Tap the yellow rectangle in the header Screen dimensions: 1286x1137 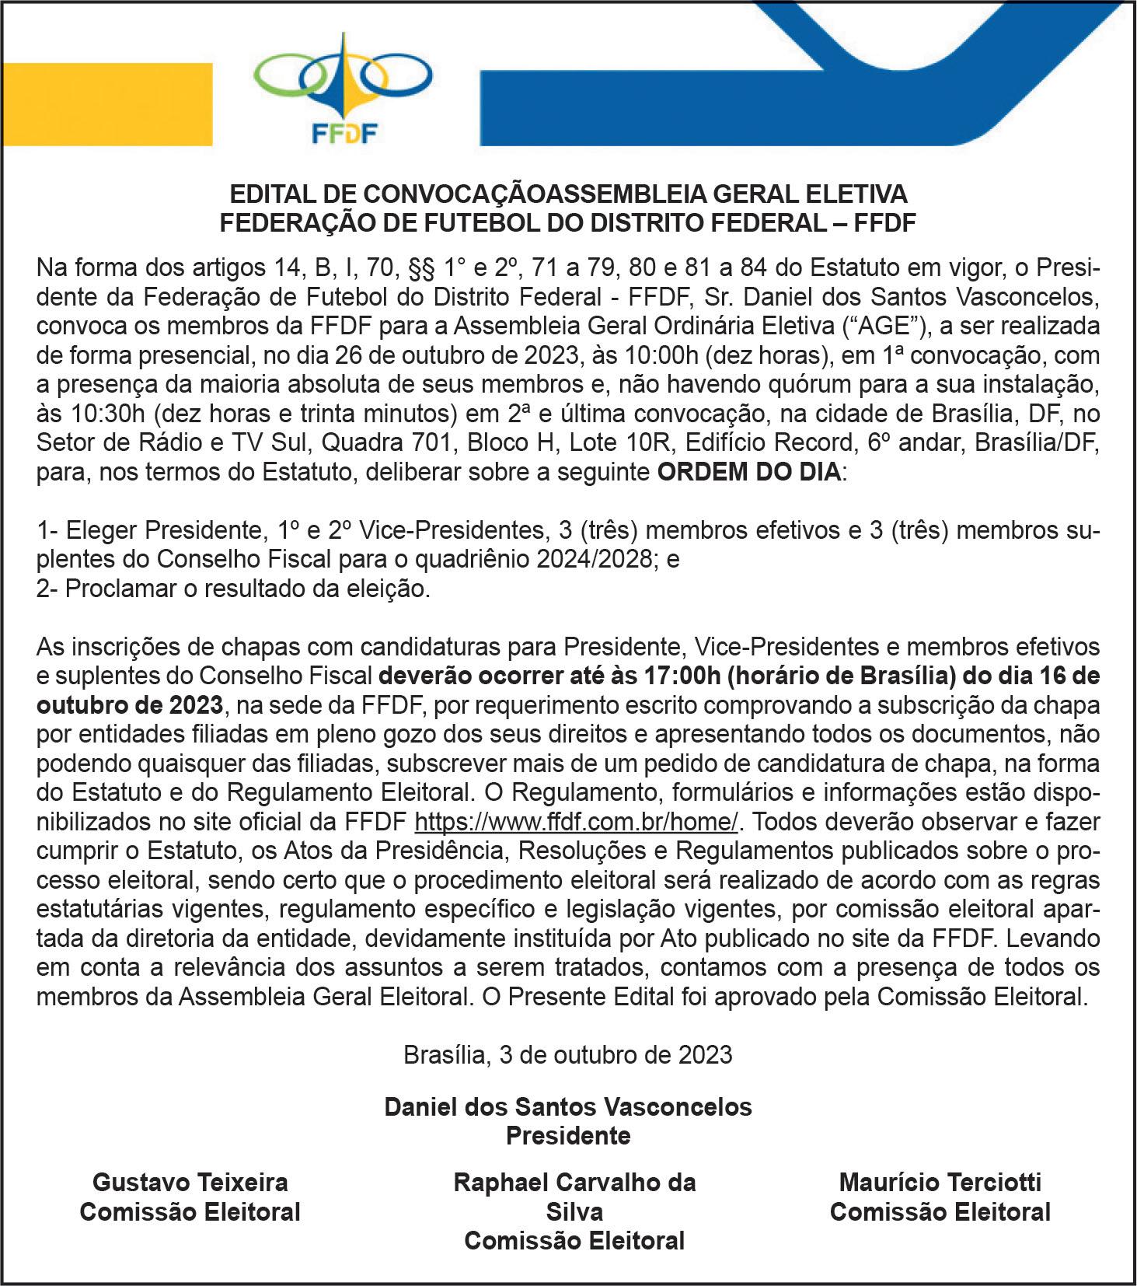click(106, 103)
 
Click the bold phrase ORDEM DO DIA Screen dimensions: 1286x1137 click(748, 472)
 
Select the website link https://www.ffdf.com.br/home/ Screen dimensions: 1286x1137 click(576, 822)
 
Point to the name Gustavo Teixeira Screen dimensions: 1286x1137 click(190, 1183)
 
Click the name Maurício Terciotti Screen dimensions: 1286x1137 click(940, 1183)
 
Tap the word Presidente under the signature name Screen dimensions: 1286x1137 click(568, 1136)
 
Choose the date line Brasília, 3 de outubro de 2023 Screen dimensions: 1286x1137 click(568, 1054)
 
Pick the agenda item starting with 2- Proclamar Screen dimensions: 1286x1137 click(233, 589)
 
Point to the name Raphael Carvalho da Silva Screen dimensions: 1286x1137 click(574, 1197)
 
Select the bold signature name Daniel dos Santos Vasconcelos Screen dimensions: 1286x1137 click(568, 1106)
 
